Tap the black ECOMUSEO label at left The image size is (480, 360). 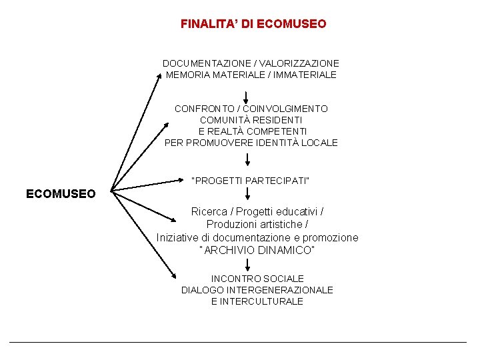[61, 194]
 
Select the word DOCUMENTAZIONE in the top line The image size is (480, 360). [203, 63]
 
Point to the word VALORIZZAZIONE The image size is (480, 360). [303, 63]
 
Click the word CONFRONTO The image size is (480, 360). [204, 109]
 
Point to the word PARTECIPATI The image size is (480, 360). [278, 181]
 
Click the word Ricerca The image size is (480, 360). [209, 211]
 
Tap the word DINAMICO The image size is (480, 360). [285, 250]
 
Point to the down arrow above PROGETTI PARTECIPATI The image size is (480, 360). [247, 159]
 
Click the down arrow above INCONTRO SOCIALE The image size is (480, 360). [247, 265]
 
